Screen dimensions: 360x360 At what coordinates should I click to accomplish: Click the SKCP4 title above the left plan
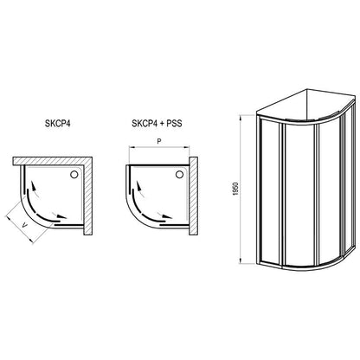57,124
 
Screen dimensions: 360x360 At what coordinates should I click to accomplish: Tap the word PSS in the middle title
175,124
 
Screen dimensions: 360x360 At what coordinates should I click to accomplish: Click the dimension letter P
158,141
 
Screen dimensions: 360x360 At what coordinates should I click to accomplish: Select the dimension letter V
25,226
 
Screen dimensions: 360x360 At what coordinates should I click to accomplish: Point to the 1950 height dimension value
236,189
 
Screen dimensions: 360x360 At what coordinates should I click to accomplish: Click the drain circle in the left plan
74,174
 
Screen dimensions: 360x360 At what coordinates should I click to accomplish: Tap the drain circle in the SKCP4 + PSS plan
179,174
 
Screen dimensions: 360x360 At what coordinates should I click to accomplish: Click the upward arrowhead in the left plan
34,185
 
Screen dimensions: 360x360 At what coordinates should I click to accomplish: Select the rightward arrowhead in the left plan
61,216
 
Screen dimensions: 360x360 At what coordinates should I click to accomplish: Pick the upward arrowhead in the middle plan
140,185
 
